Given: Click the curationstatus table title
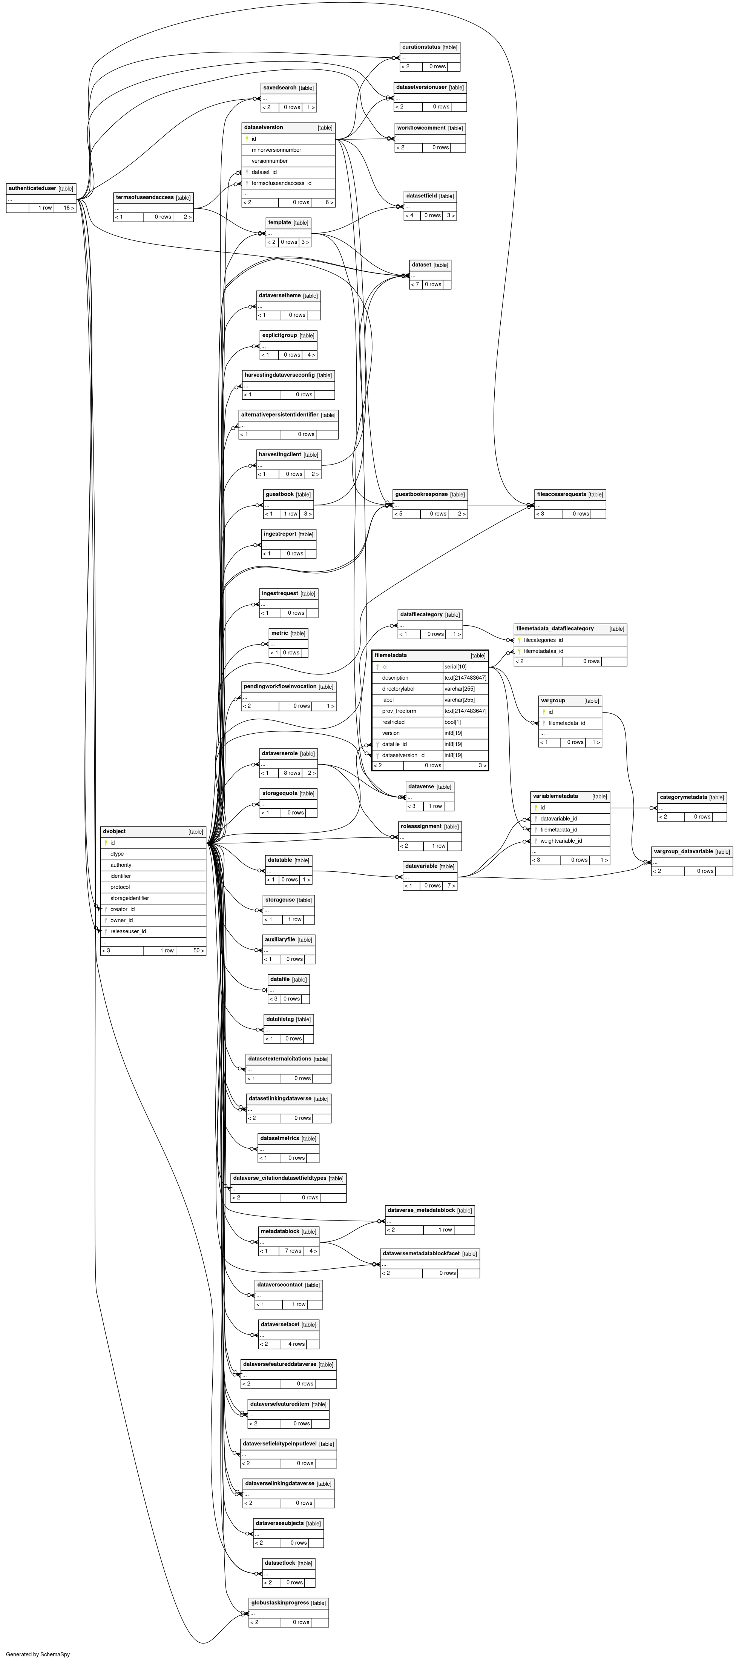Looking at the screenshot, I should point(421,47).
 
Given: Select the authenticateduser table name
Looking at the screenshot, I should point(32,188).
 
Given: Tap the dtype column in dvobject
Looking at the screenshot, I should point(117,854).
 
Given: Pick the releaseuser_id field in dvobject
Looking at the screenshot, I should point(128,931).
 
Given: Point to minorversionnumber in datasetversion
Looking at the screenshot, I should point(276,150).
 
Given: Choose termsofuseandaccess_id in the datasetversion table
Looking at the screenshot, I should point(281,183).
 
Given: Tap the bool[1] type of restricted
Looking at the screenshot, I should point(453,722).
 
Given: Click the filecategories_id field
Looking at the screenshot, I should point(543,640).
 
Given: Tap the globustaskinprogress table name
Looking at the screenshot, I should point(280,1603).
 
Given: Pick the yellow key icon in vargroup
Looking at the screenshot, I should point(544,712).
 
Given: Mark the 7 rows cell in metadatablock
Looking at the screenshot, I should point(293,1251).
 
